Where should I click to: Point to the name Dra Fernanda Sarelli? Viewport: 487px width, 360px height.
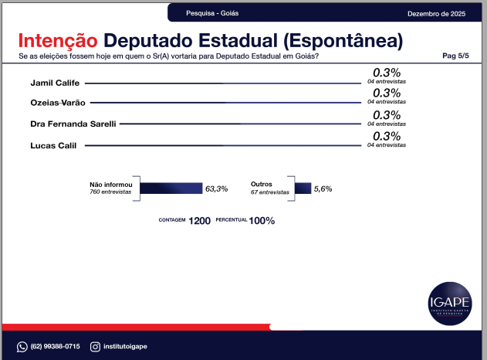click(73, 124)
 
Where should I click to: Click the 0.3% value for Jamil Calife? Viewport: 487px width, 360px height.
click(386, 73)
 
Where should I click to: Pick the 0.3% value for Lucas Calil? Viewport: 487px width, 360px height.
click(386, 136)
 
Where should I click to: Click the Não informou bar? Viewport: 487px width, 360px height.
click(171, 188)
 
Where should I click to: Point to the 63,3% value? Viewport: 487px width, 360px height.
click(216, 188)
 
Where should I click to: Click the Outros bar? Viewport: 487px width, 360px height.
click(303, 188)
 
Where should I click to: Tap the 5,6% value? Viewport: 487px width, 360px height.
click(323, 188)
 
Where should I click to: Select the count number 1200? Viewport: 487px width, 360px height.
click(199, 220)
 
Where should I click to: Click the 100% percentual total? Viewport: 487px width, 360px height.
click(262, 220)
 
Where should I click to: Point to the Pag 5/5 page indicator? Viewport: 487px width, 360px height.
click(455, 56)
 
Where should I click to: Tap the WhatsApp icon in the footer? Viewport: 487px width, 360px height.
click(22, 346)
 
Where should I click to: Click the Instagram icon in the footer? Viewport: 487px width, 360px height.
click(95, 346)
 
